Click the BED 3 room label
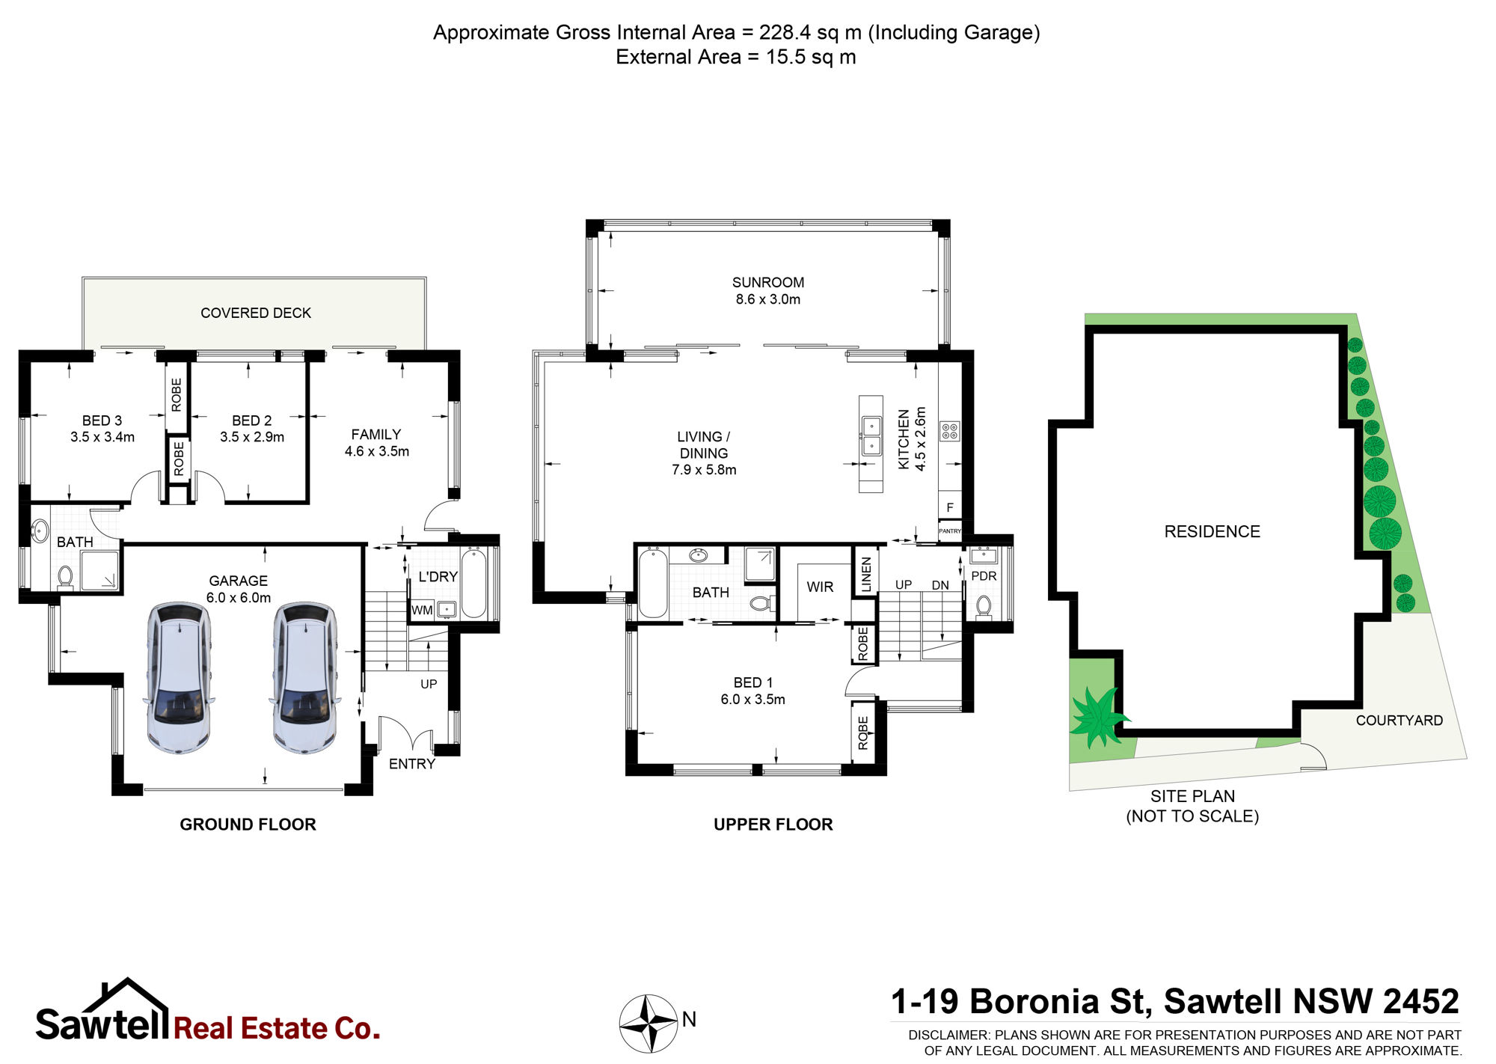tap(102, 421)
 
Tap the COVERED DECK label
tap(256, 313)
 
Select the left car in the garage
tap(178, 677)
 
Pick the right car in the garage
tap(304, 677)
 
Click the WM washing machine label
tap(422, 610)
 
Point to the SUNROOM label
tap(768, 282)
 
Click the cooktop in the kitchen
tap(950, 430)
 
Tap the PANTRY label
tap(950, 531)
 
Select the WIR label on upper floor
tap(820, 587)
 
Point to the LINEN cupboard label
tap(866, 575)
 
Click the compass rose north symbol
tap(649, 1024)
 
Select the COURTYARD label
tap(1400, 720)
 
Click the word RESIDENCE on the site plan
tap(1212, 531)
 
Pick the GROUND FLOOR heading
tap(248, 824)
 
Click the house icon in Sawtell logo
tap(127, 997)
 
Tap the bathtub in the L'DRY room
tap(473, 582)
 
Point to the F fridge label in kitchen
tap(950, 507)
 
